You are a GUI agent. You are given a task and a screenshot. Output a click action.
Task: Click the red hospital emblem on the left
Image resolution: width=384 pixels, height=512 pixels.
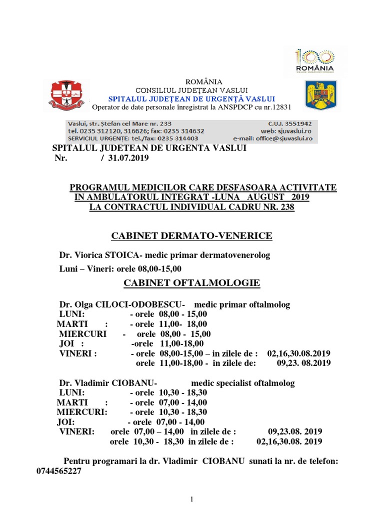click(x=66, y=94)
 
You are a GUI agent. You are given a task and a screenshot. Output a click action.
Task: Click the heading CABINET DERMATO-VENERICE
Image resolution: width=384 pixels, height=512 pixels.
click(x=191, y=235)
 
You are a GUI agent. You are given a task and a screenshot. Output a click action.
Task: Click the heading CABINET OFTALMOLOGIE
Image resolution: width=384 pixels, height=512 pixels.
click(x=192, y=283)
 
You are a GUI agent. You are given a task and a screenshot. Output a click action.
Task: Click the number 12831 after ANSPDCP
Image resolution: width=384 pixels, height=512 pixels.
click(x=281, y=107)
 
